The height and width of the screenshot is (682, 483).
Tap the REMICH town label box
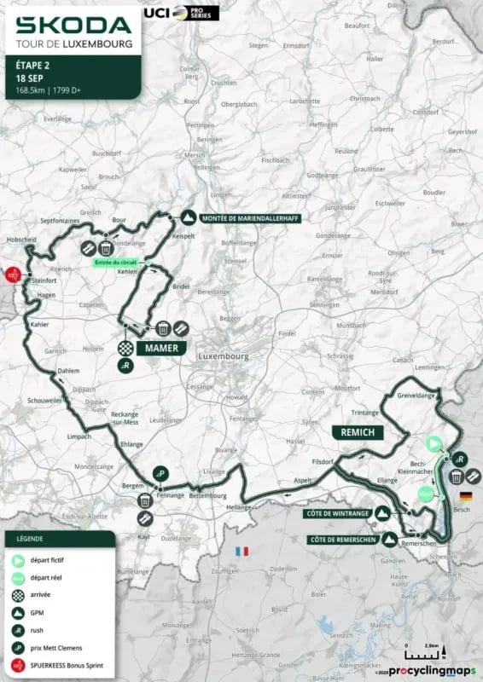tap(358, 432)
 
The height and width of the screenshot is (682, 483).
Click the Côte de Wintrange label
tap(335, 513)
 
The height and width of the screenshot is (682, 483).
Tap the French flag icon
tap(241, 552)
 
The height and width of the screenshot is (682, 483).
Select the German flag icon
tap(465, 496)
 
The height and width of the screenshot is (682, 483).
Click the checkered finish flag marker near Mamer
tap(125, 348)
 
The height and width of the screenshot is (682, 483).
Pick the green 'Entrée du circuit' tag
tap(114, 263)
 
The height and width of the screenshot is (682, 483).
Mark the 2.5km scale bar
tap(423, 658)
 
